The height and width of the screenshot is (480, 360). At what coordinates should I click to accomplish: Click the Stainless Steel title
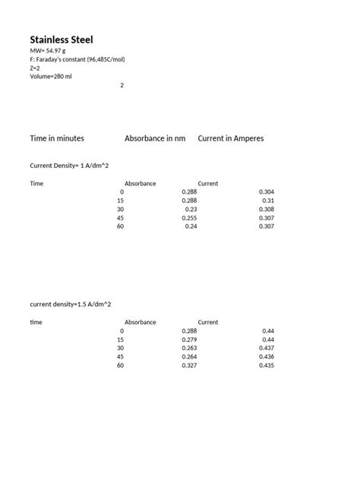[62, 39]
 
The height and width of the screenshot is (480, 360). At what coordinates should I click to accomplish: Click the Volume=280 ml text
[52, 76]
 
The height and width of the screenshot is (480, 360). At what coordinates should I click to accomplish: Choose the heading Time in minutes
[57, 139]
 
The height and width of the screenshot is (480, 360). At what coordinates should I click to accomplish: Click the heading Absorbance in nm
[155, 139]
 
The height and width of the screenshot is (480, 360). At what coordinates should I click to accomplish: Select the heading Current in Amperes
[231, 139]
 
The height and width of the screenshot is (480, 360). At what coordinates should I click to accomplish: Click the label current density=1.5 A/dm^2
[71, 304]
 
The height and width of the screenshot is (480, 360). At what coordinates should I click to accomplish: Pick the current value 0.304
[266, 192]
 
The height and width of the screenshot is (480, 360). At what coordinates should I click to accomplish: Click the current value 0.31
[267, 201]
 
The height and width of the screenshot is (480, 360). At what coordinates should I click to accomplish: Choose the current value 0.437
[266, 348]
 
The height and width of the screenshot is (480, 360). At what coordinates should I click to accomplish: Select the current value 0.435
[266, 365]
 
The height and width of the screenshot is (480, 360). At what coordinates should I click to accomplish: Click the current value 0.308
[266, 209]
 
